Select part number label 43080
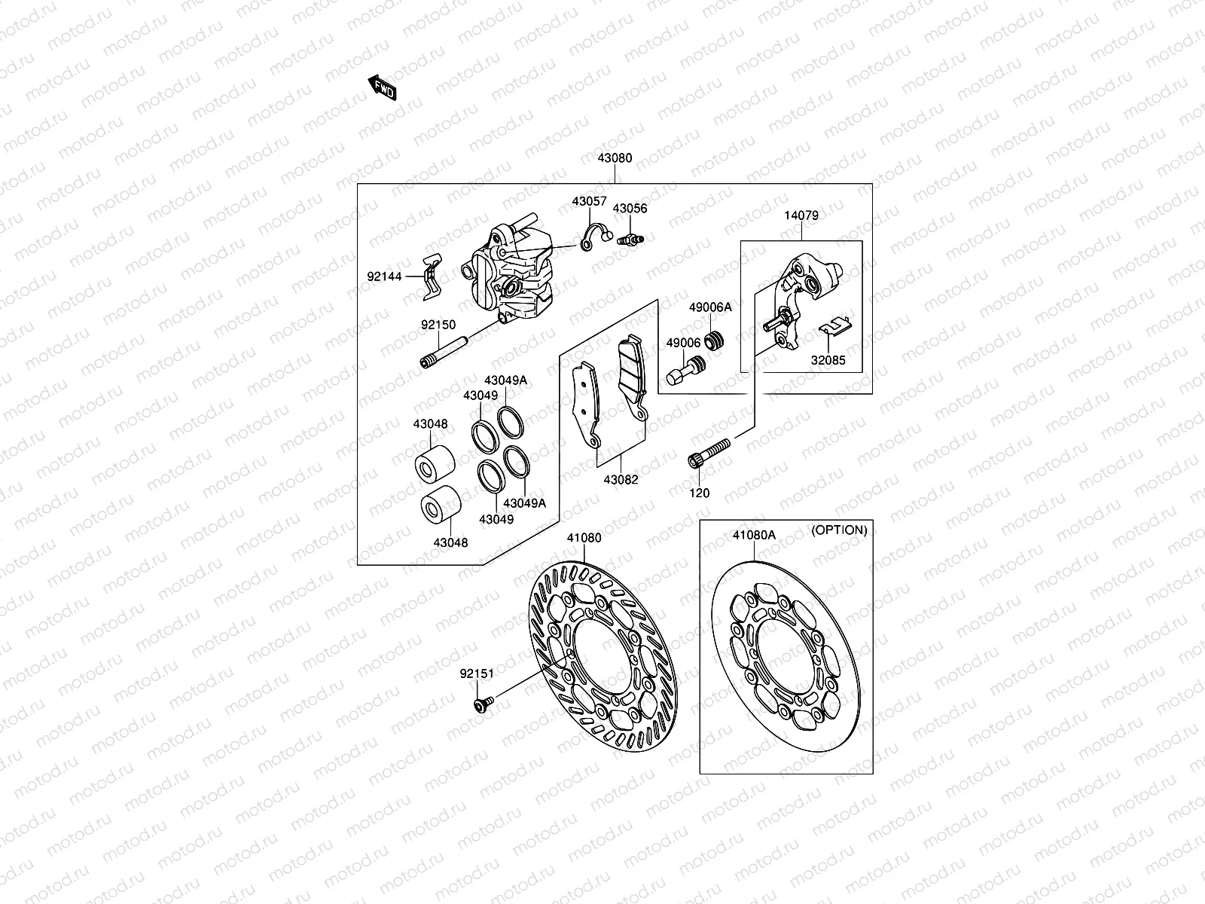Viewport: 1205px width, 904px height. tap(615, 158)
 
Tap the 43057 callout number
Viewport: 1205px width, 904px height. tap(588, 201)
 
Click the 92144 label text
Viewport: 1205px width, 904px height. tap(385, 276)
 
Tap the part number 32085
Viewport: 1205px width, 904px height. tap(828, 360)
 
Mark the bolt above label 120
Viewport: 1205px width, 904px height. tap(709, 453)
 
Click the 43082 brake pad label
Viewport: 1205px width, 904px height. tap(620, 479)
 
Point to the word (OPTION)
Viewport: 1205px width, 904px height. tap(838, 530)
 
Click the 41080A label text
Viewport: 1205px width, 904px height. tap(754, 535)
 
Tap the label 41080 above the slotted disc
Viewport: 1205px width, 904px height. tap(584, 538)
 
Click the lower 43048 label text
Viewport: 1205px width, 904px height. tap(450, 542)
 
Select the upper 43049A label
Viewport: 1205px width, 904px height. tap(505, 380)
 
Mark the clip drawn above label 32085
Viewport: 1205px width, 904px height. tap(834, 325)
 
